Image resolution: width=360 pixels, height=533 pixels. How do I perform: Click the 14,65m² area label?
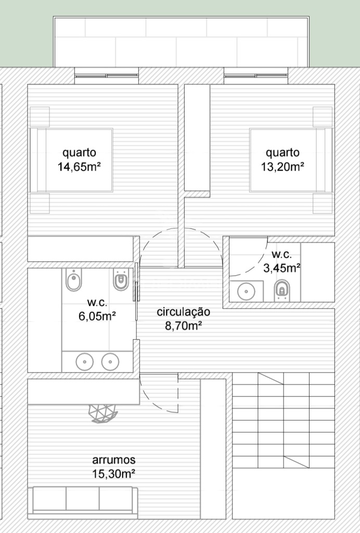click(79, 167)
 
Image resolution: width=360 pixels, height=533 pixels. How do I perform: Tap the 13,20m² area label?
click(282, 167)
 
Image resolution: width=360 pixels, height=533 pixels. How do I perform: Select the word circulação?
click(184, 312)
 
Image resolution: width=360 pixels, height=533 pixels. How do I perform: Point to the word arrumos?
click(114, 460)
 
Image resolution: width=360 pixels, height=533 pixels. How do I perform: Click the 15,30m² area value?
click(114, 474)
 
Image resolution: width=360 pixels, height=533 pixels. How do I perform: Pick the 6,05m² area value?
click(97, 316)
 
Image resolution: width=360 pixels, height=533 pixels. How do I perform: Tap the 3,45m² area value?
click(282, 268)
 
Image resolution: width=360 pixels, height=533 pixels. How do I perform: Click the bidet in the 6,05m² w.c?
click(74, 280)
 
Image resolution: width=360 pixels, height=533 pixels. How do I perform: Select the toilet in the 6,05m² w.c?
click(121, 280)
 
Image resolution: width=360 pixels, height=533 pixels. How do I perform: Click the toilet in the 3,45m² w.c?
click(281, 290)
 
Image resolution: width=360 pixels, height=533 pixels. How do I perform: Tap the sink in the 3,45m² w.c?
click(246, 291)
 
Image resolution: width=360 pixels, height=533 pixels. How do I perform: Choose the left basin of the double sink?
click(84, 361)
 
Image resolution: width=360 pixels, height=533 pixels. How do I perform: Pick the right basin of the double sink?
click(110, 361)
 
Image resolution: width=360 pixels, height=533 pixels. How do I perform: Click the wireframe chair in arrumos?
click(103, 413)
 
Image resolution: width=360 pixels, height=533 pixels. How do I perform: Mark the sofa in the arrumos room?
click(83, 503)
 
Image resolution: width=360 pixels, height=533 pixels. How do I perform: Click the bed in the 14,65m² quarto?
click(71, 160)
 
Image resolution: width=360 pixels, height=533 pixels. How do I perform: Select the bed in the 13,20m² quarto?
click(291, 160)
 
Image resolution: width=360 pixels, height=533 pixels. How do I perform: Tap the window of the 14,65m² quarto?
click(107, 76)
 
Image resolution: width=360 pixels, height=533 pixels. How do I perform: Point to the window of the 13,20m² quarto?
click(256, 76)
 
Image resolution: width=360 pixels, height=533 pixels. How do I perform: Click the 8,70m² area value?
click(184, 326)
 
